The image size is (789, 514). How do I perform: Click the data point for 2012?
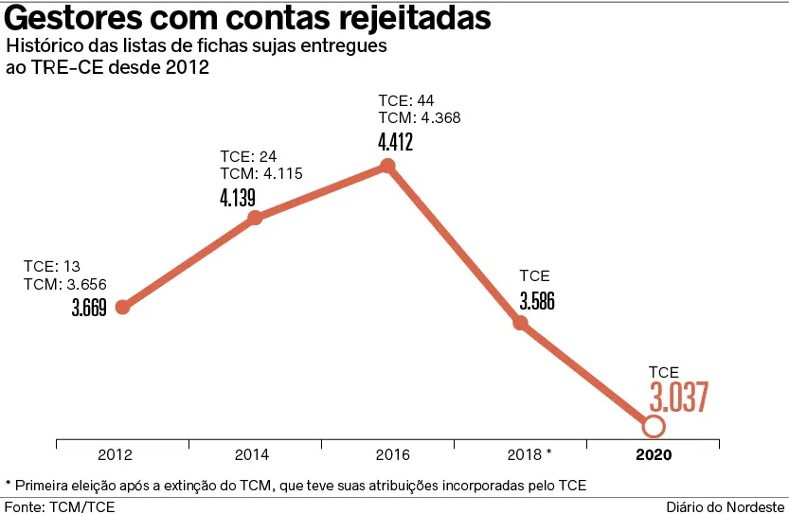pos(122,307)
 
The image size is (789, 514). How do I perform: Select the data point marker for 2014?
pos(255,218)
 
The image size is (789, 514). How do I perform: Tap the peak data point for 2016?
pos(387,167)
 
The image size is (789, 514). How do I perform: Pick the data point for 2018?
pos(520,323)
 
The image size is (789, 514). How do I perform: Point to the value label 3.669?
pos(89,308)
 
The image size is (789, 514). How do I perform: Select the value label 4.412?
pos(396,143)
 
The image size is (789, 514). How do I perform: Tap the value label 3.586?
pos(537,302)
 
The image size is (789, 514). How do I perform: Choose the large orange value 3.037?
pos(679,399)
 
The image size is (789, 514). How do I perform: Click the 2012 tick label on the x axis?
pos(122,454)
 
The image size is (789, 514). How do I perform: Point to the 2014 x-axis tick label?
pos(255,454)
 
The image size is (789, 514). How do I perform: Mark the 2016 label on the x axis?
pos(387,454)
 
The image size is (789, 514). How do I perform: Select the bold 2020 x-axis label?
pos(654,454)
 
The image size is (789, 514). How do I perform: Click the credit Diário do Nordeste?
pos(726,506)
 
